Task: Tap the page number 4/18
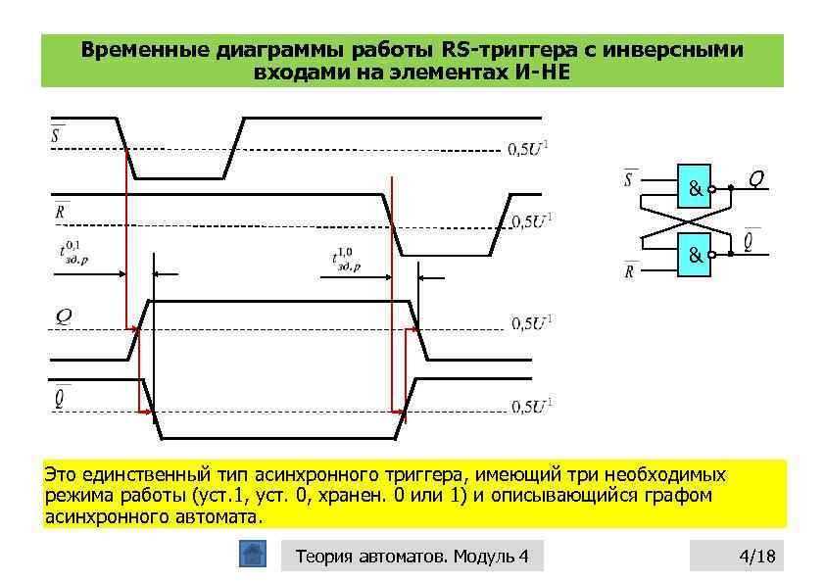(x=755, y=558)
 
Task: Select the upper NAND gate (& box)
(x=693, y=186)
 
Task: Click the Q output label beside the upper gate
(x=755, y=177)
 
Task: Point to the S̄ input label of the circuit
(x=629, y=178)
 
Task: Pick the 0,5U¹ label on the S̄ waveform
(x=533, y=149)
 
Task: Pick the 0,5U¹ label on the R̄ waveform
(x=533, y=220)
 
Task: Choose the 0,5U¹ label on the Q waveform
(x=533, y=324)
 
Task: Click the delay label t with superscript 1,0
(x=345, y=259)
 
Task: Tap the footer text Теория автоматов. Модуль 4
(x=412, y=558)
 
